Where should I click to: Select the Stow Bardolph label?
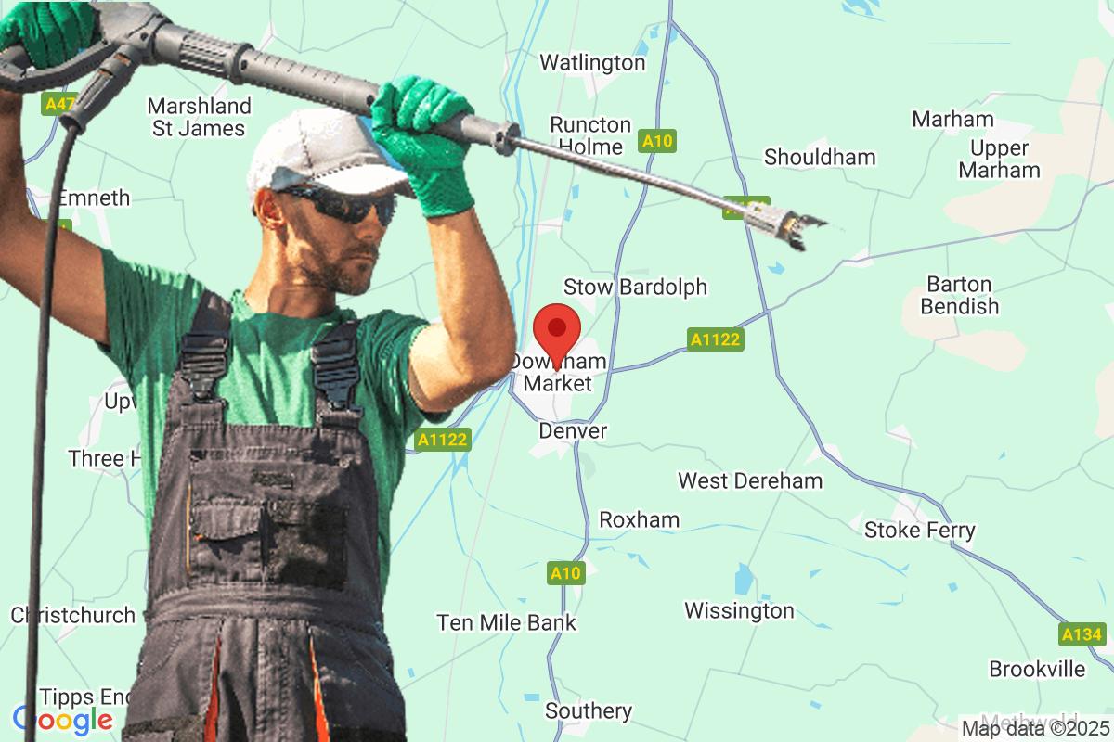coord(635,287)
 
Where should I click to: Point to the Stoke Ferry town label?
coord(919,530)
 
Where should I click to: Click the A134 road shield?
coord(1082,634)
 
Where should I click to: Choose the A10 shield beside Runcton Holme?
coord(657,142)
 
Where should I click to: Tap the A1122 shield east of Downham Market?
coord(715,339)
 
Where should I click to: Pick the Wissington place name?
coord(739,610)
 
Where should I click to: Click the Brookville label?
coord(1036,669)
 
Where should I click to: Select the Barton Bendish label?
coord(960,295)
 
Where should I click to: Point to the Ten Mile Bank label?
coord(507,622)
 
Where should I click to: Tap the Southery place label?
coord(589,710)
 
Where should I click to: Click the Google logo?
coord(63,719)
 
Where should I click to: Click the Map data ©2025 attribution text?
coord(1034,727)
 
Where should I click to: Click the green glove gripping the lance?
coord(422,139)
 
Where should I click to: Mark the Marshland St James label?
coord(199,117)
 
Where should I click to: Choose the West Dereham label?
coord(750,480)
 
